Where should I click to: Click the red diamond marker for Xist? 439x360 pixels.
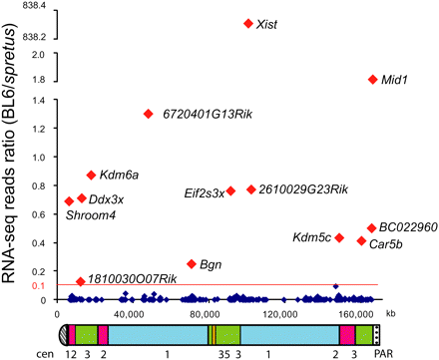click(248, 23)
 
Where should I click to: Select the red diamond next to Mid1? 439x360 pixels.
click(373, 79)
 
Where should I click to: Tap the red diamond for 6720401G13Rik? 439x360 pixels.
click(149, 114)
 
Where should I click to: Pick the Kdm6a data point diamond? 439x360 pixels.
click(91, 175)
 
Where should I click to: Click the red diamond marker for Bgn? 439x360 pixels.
click(192, 263)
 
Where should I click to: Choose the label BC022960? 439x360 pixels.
click(409, 227)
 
